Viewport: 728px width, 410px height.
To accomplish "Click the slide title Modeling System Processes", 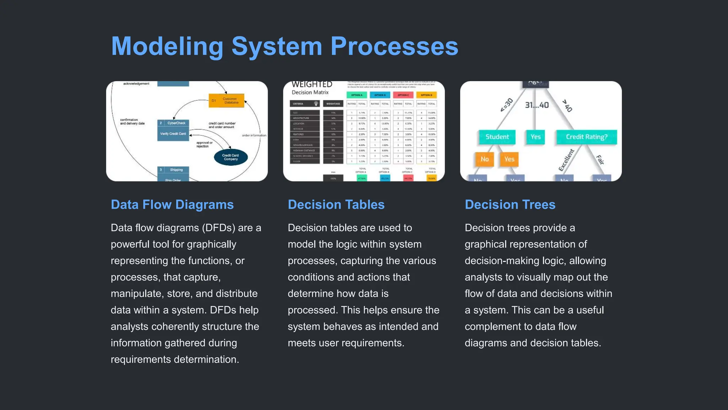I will click(284, 46).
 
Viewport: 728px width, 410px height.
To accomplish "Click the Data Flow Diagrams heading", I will click(172, 205).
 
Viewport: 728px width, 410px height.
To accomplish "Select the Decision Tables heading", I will click(336, 205).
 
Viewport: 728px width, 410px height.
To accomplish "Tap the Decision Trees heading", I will click(510, 205).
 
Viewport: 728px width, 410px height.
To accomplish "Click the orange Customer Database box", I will click(226, 100).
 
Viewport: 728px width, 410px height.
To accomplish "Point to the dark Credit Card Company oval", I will click(231, 157).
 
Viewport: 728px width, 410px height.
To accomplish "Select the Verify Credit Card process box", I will click(173, 133).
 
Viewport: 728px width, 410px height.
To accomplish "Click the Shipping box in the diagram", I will click(173, 170).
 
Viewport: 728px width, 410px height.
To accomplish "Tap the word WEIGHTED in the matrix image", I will click(312, 84).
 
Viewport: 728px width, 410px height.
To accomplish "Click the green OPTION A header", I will click(357, 95).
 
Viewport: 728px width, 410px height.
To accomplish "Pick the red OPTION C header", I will click(403, 95).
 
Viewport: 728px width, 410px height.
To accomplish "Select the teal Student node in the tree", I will click(497, 137).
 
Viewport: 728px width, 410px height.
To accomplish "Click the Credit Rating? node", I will click(587, 137).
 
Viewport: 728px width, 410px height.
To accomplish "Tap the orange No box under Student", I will click(485, 159).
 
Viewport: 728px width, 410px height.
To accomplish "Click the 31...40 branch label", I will click(537, 105).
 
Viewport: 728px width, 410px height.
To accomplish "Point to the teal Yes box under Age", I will click(535, 137).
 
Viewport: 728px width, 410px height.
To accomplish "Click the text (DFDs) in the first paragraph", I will click(218, 228).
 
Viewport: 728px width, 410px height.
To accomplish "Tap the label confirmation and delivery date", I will click(132, 122).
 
